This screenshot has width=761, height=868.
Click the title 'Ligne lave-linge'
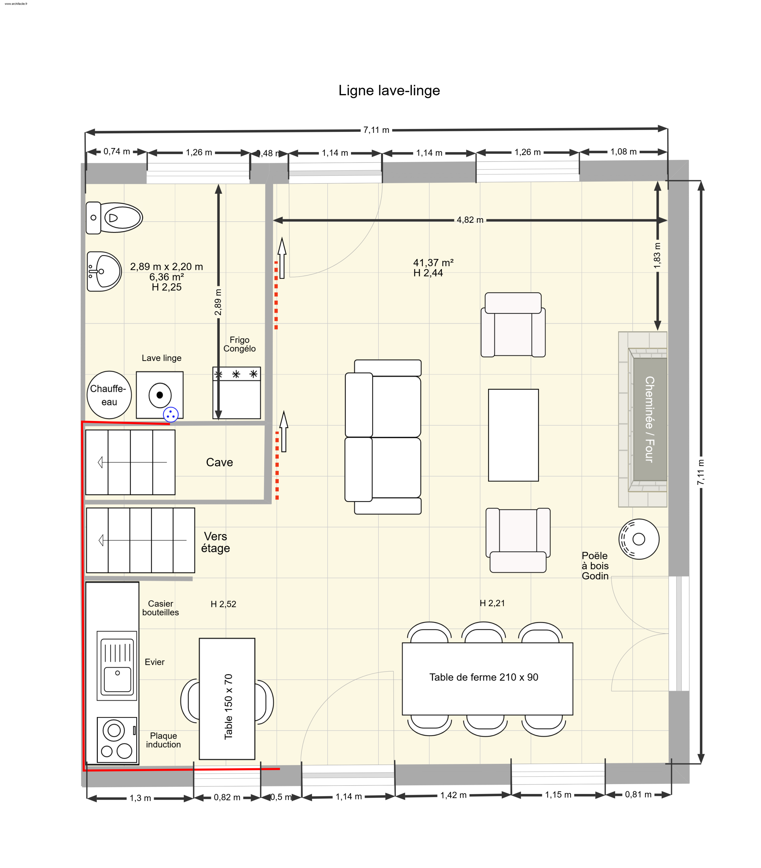389,91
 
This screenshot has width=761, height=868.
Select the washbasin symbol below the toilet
104,271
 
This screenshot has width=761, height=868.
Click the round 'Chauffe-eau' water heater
109,395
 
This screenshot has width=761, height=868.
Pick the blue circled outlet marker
171,414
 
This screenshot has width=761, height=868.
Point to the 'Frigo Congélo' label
239,344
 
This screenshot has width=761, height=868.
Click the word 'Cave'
219,462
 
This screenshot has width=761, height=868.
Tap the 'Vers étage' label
216,542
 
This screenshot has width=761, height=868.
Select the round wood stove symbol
639,539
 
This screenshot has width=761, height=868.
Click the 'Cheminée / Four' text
649,419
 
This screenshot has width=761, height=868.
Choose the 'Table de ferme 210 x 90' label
483,677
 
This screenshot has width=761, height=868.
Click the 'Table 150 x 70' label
228,706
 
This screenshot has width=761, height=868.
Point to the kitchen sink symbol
117,665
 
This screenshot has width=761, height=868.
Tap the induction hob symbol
117,740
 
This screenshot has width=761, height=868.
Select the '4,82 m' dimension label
470,220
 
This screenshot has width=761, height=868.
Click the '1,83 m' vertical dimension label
657,256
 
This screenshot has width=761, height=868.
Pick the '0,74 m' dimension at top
117,151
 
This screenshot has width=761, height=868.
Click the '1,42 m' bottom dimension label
453,795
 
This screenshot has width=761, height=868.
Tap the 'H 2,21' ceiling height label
492,603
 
